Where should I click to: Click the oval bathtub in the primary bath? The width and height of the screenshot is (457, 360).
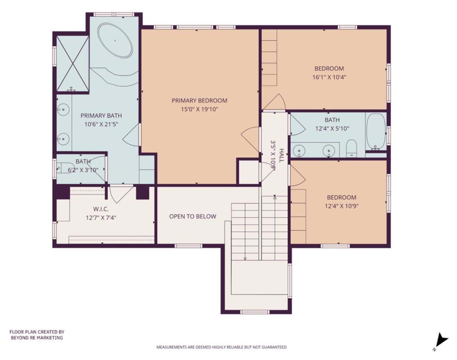115,41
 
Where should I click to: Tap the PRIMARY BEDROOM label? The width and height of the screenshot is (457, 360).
199,101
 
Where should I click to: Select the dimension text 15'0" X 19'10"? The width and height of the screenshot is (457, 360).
199,109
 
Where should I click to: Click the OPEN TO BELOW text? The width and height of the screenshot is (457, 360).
192,217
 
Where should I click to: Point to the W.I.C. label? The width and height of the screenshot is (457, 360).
102,209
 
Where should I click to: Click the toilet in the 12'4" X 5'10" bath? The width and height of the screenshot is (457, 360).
352,148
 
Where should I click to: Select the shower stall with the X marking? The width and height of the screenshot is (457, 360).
73,64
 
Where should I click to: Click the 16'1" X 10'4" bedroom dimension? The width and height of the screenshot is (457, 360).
329,77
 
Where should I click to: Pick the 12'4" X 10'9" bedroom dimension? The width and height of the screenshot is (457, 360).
341,206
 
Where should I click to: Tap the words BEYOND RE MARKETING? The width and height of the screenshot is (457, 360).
37,338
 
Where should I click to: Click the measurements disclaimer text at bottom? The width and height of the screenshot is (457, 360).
221,347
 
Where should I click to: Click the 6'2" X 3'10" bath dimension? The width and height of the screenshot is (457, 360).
83,170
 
